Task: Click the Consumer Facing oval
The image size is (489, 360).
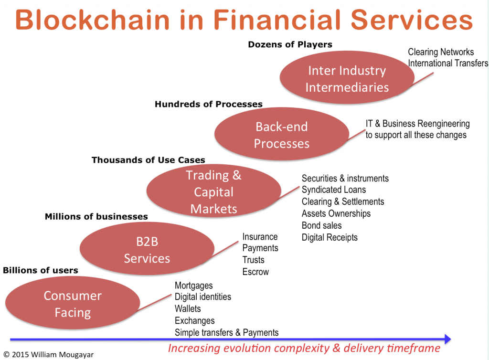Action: pyautogui.click(x=73, y=304)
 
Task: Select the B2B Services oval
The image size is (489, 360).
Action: pyautogui.click(x=147, y=250)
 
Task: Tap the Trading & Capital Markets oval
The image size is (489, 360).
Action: pyautogui.click(x=213, y=192)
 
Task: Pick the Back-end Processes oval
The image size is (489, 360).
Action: pyautogui.click(x=282, y=135)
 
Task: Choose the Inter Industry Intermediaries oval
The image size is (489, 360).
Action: pyautogui.click(x=347, y=79)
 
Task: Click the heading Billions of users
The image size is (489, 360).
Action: pyautogui.click(x=40, y=270)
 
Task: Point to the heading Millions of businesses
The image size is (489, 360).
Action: pyautogui.click(x=96, y=217)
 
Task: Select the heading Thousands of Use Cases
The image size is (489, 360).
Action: pyautogui.click(x=148, y=160)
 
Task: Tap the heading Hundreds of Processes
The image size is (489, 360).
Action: pyautogui.click(x=209, y=104)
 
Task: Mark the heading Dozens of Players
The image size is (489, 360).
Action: pyautogui.click(x=290, y=45)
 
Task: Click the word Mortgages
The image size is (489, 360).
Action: pyautogui.click(x=193, y=286)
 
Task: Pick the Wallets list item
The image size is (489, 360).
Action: pyautogui.click(x=188, y=309)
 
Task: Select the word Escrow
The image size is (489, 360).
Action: pyautogui.click(x=255, y=272)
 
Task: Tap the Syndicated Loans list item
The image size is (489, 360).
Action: pyautogui.click(x=334, y=190)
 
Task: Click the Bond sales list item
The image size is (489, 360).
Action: pyautogui.click(x=321, y=225)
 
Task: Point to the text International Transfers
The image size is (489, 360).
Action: pyautogui.click(x=448, y=63)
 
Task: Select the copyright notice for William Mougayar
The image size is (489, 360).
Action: pyautogui.click(x=48, y=355)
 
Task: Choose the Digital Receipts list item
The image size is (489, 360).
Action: pyautogui.click(x=330, y=237)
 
